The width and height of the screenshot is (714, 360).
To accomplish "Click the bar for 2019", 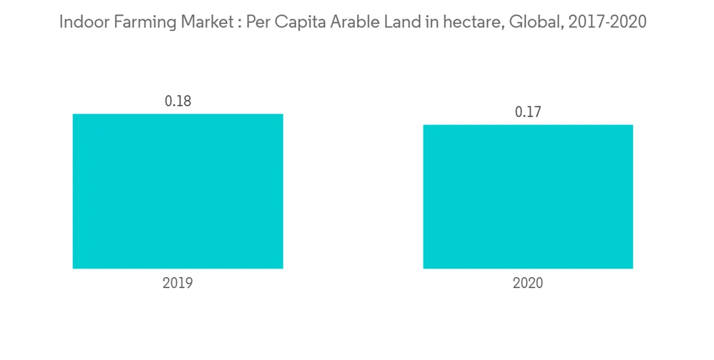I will point(178,191).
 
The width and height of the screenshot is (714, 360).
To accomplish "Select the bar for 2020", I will point(528,196).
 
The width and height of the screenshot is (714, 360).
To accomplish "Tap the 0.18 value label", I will point(178,101).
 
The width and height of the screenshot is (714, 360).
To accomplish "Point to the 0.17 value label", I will point(528,112).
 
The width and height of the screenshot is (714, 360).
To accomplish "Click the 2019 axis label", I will point(178,283).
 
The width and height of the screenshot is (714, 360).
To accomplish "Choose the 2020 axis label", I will point(528,283).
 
